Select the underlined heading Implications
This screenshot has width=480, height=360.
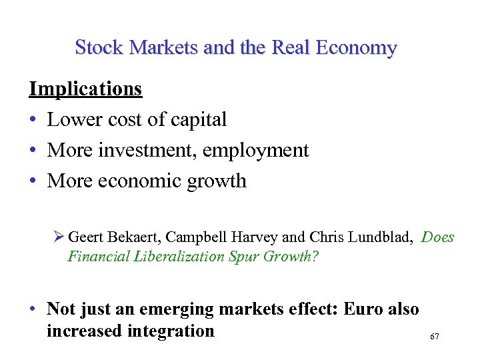pos(85,89)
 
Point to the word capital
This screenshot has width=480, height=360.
pos(198,119)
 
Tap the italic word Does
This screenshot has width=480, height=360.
pos(438,237)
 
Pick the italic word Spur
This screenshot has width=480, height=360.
pos(246,257)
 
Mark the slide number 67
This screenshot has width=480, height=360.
pos(435,337)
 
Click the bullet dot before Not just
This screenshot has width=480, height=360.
pos(32,310)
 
